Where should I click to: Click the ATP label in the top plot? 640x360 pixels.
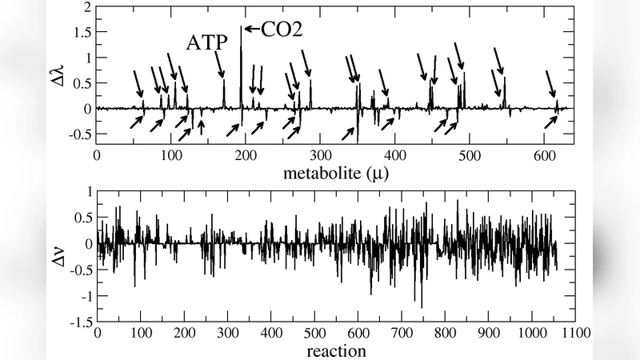pos(207,42)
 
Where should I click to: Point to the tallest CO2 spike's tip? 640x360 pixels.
pos(241,27)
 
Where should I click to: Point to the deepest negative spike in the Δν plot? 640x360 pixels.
pos(422,307)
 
